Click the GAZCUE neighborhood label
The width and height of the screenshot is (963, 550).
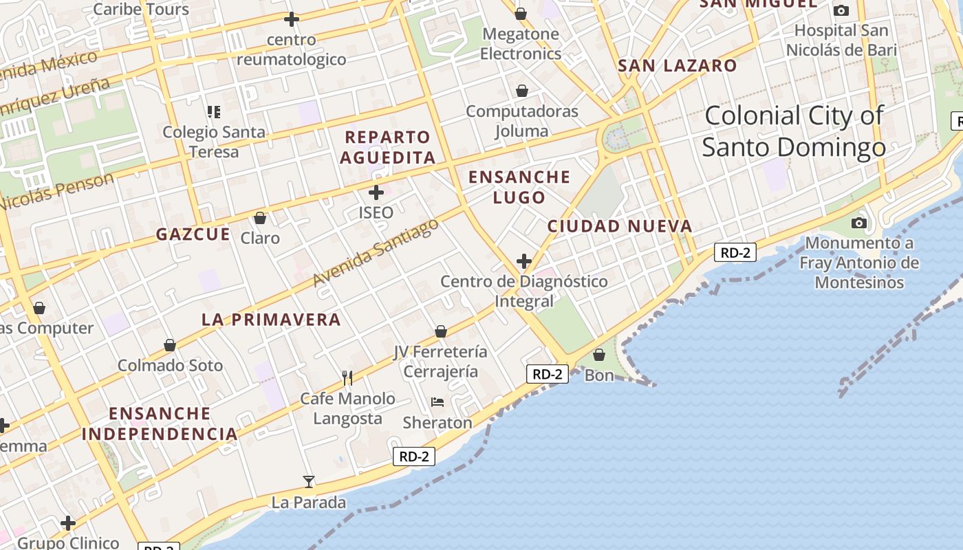[193, 234]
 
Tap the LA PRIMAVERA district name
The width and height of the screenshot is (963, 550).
[271, 320]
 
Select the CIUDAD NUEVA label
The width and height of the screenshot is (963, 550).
[620, 226]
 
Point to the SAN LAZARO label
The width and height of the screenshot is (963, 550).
[678, 66]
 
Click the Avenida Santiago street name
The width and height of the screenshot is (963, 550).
[376, 252]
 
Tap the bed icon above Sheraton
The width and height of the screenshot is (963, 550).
[437, 402]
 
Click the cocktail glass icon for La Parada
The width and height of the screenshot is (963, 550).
[309, 482]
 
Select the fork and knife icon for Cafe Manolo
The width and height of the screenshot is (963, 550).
[347, 378]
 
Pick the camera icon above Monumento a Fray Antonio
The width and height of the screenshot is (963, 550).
[858, 223]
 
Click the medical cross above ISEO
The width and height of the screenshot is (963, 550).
[376, 192]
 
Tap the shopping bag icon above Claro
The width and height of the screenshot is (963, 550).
[260, 219]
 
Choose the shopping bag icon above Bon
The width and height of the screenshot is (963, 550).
[599, 355]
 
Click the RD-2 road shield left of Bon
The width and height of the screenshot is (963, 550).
[548, 374]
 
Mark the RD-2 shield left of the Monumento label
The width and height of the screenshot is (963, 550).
[735, 252]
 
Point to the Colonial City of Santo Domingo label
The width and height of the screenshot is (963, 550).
[794, 131]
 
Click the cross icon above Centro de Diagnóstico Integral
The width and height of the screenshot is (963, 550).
[524, 261]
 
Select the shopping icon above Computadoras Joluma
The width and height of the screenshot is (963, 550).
[522, 91]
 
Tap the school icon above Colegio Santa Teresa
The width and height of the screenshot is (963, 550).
[213, 111]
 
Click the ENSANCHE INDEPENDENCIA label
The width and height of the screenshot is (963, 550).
[160, 423]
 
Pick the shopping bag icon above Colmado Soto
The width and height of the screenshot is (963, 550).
[170, 345]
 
